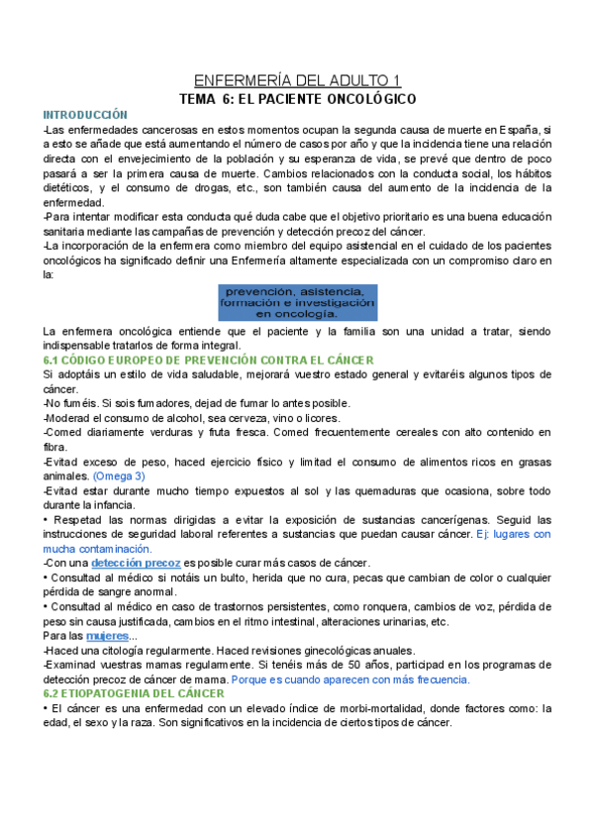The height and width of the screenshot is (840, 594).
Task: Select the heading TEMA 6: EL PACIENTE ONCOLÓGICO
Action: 297,99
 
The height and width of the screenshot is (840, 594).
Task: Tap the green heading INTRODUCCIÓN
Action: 85,116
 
